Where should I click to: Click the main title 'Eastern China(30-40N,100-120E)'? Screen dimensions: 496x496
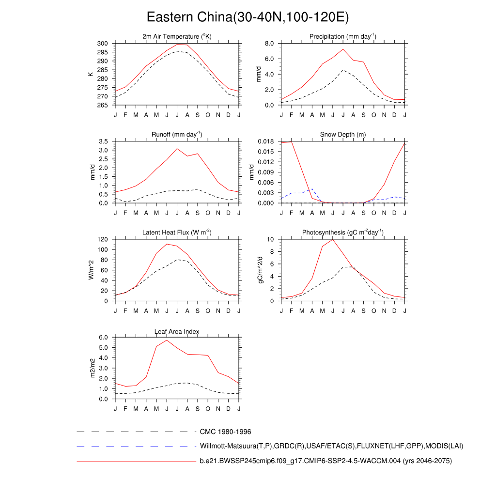pyautogui.click(x=248, y=17)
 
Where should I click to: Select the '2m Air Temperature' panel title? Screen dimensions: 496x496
pyautogui.click(x=177, y=37)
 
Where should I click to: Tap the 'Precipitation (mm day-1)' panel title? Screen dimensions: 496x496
pyautogui.click(x=343, y=37)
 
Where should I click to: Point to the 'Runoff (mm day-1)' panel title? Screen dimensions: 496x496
pyautogui.click(x=177, y=135)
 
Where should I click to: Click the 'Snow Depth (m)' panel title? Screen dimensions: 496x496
pyautogui.click(x=343, y=135)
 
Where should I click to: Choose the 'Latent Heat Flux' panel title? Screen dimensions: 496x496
pyautogui.click(x=177, y=232)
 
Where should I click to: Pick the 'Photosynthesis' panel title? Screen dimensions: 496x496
pyautogui.click(x=343, y=232)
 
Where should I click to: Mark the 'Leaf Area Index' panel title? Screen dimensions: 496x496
pyautogui.click(x=177, y=331)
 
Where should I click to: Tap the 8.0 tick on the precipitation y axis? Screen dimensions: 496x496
pyautogui.click(x=270, y=44)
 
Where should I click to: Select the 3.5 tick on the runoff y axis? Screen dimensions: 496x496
pyautogui.click(x=103, y=141)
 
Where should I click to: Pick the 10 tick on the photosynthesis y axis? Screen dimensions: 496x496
pyautogui.click(x=271, y=239)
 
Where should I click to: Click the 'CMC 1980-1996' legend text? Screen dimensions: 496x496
pyautogui.click(x=225, y=432)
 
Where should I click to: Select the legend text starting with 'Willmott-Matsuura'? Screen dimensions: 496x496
pyautogui.click(x=332, y=446)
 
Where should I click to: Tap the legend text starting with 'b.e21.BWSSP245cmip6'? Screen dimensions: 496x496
pyautogui.click(x=325, y=461)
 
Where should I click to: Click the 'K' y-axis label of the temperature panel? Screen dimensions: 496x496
pyautogui.click(x=91, y=74)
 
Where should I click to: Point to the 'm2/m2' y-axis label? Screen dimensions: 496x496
pyautogui.click(x=93, y=368)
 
